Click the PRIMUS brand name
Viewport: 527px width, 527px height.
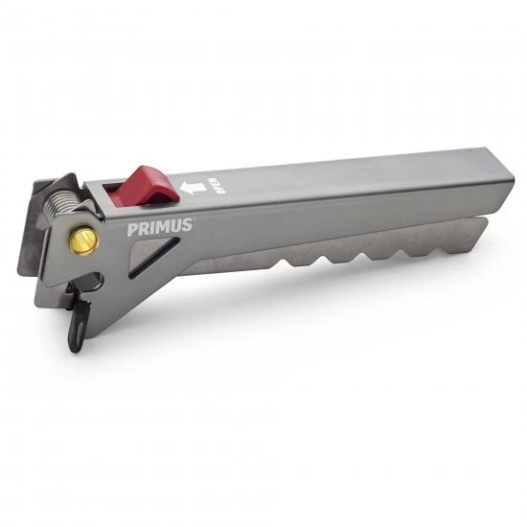point(160,228)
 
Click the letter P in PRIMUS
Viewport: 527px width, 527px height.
point(131,230)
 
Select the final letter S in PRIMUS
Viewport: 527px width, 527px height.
point(188,226)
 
